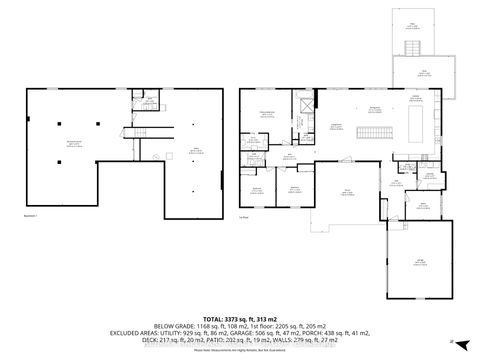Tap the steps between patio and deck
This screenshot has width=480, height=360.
point(411,50)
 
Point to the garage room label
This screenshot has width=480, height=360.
point(420,262)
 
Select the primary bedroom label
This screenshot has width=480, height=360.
point(267,112)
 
